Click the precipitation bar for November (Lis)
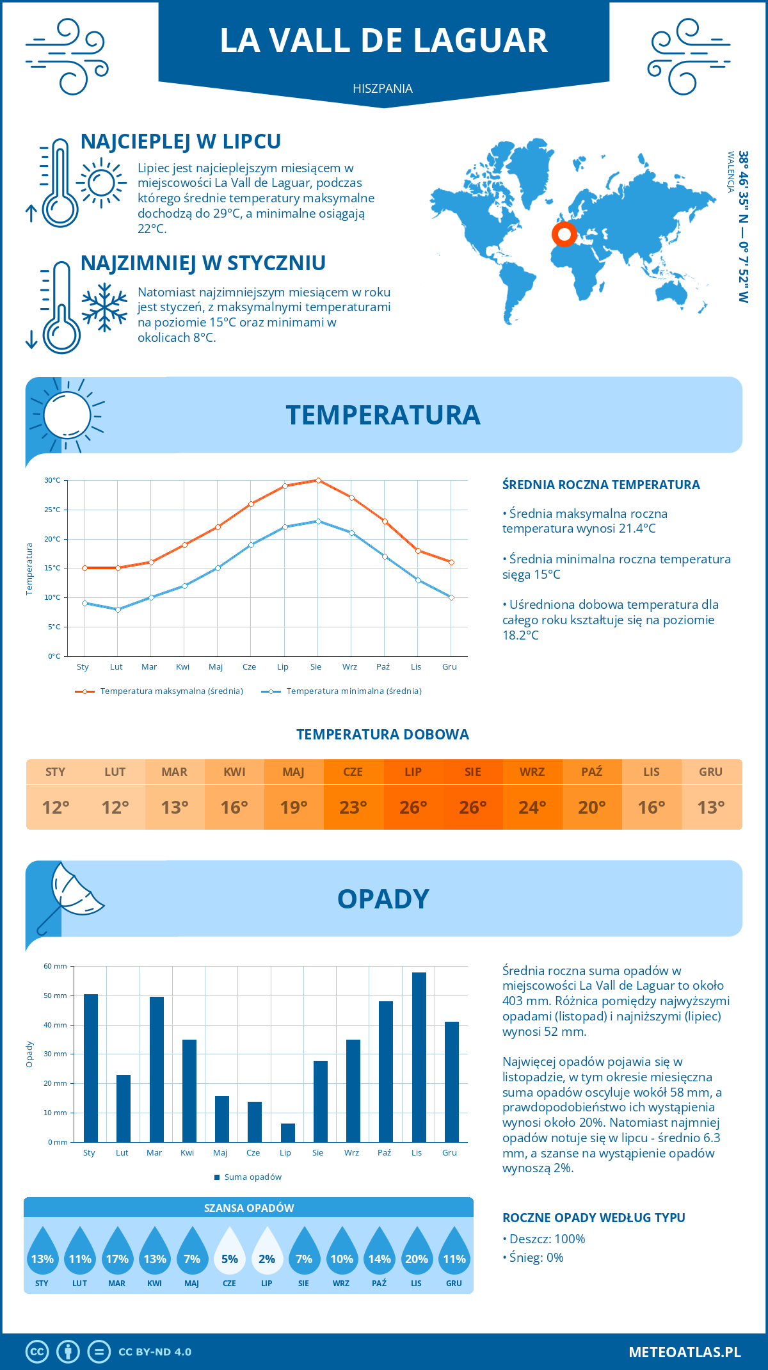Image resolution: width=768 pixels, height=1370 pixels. click(x=419, y=1057)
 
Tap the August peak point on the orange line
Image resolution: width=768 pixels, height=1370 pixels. click(x=318, y=480)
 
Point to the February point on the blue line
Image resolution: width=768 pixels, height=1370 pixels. click(x=118, y=609)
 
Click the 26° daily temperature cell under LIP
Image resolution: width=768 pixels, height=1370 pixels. click(x=413, y=807)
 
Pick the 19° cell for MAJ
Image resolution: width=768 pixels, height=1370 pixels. click(x=294, y=807)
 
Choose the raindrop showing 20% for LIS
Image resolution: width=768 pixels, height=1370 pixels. click(x=417, y=1252)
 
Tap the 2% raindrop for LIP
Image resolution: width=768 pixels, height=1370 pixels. click(x=267, y=1252)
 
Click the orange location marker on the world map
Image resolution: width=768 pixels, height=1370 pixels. click(x=564, y=235)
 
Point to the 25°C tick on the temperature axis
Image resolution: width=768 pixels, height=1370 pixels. click(x=52, y=510)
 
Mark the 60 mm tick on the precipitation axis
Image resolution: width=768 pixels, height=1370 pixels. click(x=56, y=966)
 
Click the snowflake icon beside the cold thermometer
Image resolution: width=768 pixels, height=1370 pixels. click(x=104, y=307)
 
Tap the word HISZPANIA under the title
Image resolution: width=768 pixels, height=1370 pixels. click(x=383, y=88)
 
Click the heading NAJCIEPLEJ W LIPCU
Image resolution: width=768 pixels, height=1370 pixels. click(x=180, y=141)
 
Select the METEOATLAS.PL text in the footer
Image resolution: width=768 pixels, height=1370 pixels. click(x=684, y=1351)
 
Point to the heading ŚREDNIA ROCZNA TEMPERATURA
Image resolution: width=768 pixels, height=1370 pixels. click(x=601, y=485)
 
